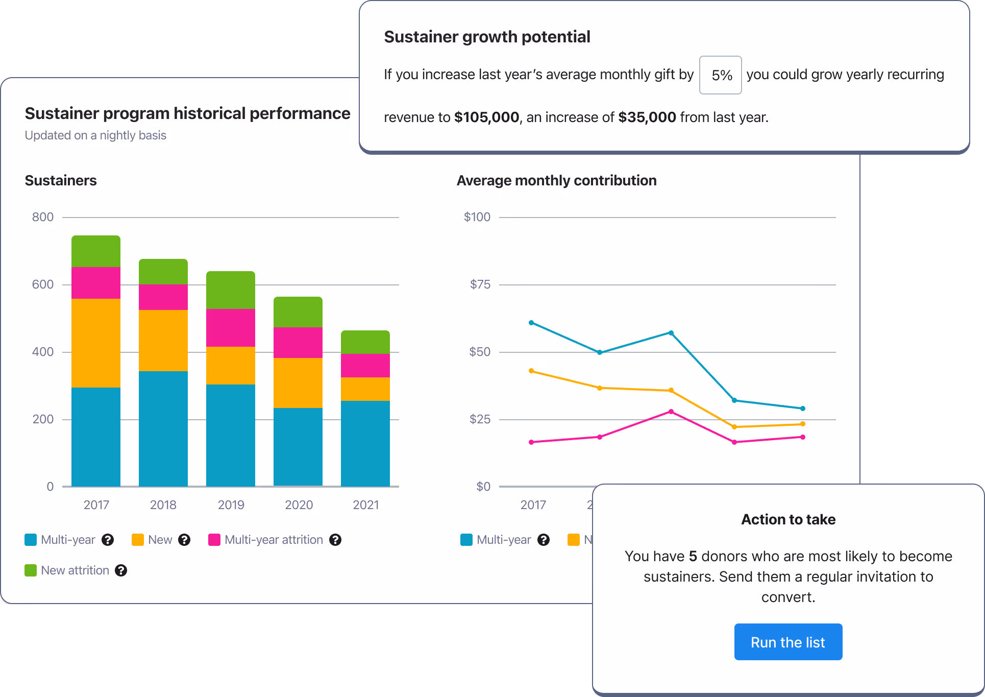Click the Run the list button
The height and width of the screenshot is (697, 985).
788,642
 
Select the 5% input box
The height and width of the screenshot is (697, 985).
720,75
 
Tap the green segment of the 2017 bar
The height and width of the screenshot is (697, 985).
96,251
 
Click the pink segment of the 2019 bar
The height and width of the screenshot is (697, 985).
231,328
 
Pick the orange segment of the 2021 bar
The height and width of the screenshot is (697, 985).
365,389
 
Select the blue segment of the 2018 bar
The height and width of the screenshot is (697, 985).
163,428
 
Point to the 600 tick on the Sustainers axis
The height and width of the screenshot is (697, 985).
43,284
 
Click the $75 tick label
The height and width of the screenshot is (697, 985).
480,284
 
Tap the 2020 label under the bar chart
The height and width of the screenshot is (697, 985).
299,505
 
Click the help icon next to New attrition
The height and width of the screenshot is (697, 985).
121,570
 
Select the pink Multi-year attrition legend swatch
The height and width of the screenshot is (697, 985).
214,540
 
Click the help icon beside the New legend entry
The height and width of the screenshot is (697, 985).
184,540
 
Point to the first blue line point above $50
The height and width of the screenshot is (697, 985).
531,323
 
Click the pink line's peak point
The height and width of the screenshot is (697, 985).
671,412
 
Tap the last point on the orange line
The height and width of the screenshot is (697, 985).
803,424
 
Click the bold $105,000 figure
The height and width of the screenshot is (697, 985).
486,117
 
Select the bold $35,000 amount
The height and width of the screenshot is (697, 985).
647,117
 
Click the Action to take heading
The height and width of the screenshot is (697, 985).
788,519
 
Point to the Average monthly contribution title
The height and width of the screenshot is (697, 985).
556,181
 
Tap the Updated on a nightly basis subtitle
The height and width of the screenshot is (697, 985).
95,135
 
